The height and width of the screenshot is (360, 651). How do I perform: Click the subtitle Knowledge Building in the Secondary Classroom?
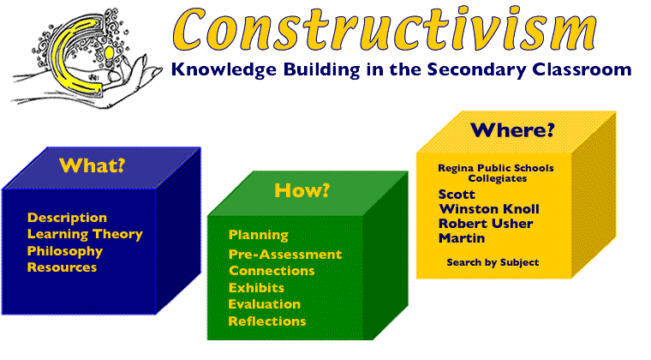pos(400,69)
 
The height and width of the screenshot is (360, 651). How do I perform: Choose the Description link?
pos(67,218)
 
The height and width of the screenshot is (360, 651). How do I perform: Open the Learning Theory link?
pos(84,234)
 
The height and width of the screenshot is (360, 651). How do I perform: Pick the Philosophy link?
pos(64,251)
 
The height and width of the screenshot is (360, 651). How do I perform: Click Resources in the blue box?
pos(62,267)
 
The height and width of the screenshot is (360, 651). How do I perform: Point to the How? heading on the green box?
pos(302,190)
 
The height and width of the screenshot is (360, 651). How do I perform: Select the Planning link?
pos(258,235)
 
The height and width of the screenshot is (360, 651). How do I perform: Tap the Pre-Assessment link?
pos(284,255)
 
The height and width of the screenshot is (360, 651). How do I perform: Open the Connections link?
pos(272,271)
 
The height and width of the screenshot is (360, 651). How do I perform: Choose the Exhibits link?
pos(256,288)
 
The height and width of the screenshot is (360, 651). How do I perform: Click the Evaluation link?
pos(264,304)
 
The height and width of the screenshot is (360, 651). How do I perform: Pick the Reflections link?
pos(266,321)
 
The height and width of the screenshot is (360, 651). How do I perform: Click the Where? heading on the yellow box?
pos(512,130)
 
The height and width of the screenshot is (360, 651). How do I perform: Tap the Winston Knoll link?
pos(489,209)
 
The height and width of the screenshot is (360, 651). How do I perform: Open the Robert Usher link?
pos(486,224)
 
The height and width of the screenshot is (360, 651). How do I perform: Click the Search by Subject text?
pos(493,262)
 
